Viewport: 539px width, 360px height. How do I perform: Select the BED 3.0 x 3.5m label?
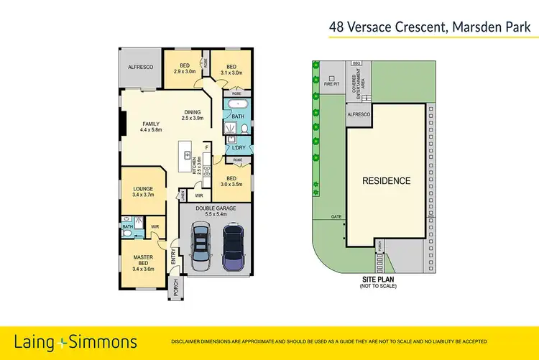(x=231, y=180)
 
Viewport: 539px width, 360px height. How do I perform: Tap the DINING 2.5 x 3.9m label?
(x=193, y=115)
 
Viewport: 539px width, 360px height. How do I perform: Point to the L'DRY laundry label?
(x=239, y=148)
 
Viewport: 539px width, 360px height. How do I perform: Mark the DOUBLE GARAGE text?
(x=214, y=209)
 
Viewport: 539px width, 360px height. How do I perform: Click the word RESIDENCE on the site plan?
(x=386, y=181)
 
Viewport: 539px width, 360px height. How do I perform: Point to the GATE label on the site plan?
(x=336, y=216)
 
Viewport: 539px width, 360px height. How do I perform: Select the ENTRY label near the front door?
(x=173, y=257)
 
